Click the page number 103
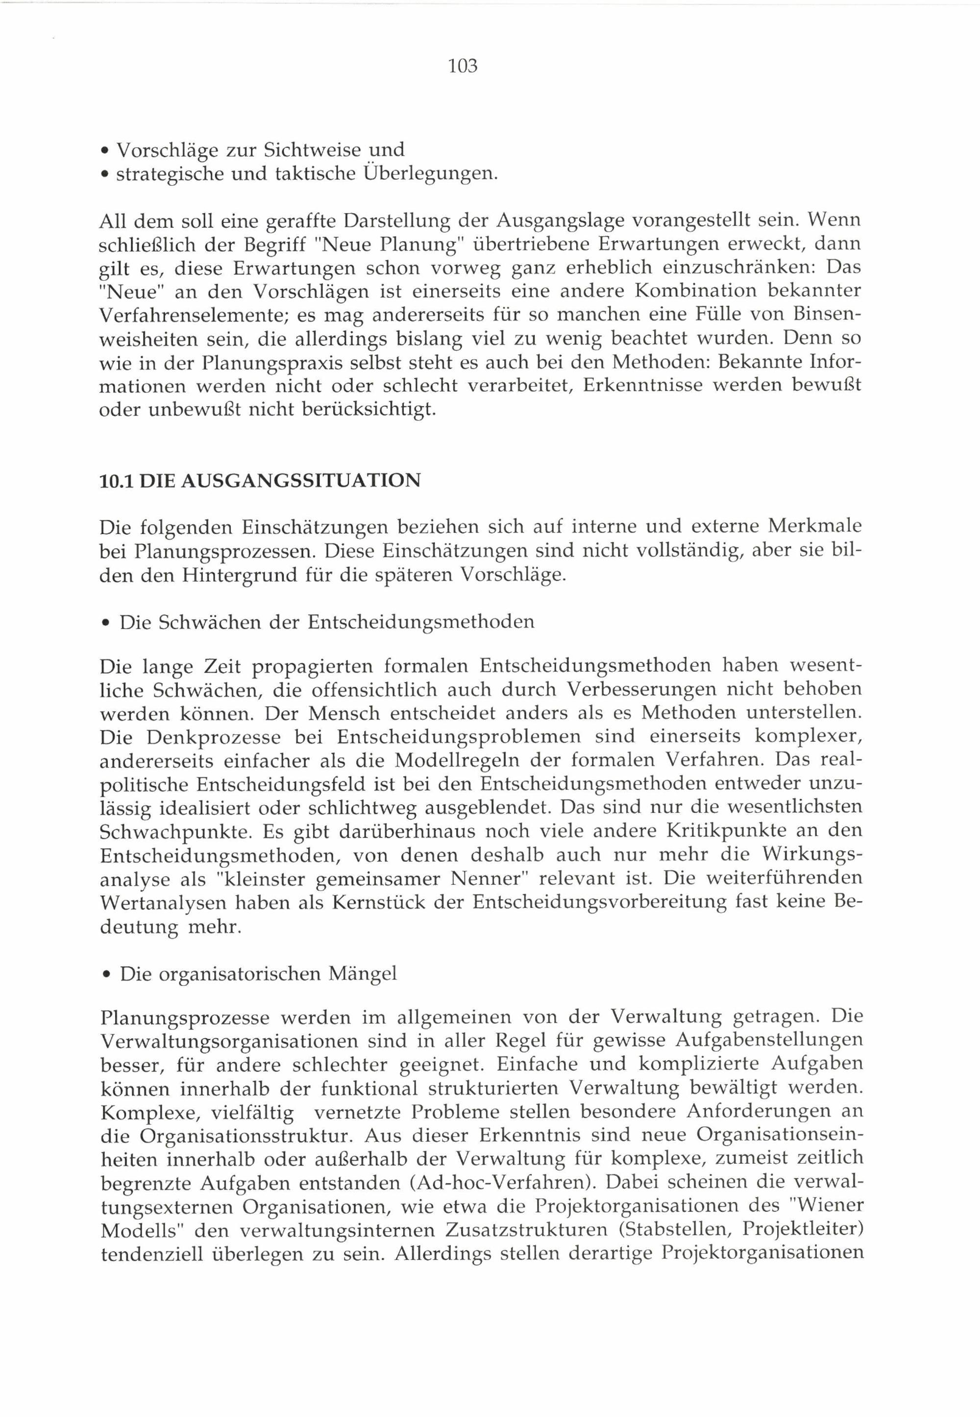pos(463,66)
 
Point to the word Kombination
pos(682,291)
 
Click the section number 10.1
pos(116,480)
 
